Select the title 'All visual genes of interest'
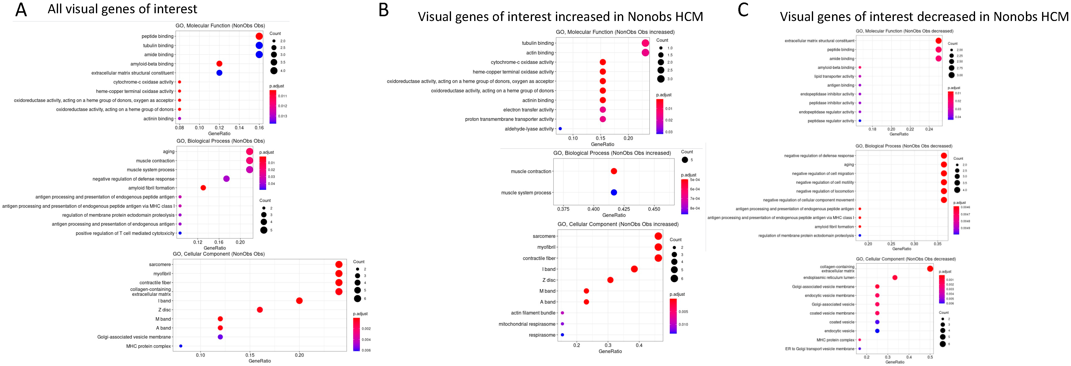point(122,9)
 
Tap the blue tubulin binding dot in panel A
point(259,45)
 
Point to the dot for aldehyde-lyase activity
point(560,129)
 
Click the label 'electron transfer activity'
point(529,110)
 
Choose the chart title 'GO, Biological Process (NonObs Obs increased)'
point(612,153)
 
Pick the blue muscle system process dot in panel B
point(614,192)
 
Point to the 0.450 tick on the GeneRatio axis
point(654,209)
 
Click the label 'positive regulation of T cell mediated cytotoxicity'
point(125,233)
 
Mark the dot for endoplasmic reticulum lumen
point(895,278)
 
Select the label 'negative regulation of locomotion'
point(825,191)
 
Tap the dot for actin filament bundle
point(562,313)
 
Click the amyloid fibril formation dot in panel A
point(203,188)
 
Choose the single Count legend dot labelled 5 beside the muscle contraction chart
point(684,160)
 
